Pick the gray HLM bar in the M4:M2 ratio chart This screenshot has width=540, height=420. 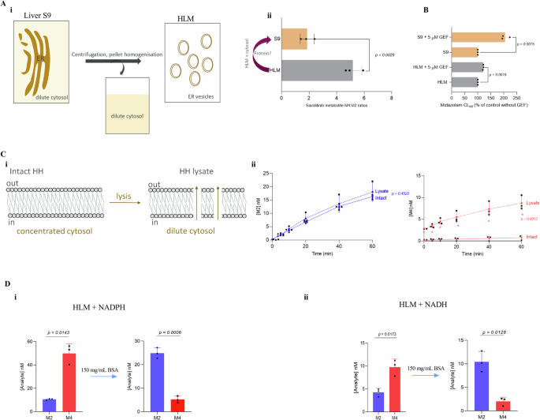click(318, 69)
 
